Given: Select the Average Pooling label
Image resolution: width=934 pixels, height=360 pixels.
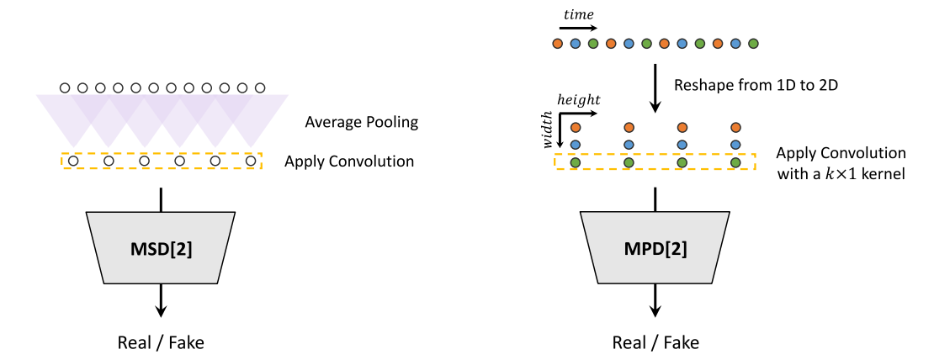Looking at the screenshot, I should pyautogui.click(x=362, y=123).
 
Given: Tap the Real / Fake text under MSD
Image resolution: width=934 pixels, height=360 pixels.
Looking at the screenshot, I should pyautogui.click(x=161, y=342).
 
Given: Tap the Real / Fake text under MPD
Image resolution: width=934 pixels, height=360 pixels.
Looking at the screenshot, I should pyautogui.click(x=655, y=342).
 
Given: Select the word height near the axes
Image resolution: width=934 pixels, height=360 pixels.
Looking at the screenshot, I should pyautogui.click(x=579, y=99).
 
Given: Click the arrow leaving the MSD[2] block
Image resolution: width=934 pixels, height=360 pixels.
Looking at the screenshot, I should pyautogui.click(x=161, y=300).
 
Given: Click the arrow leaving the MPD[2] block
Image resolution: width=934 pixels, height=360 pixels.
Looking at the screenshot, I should pyautogui.click(x=655, y=300).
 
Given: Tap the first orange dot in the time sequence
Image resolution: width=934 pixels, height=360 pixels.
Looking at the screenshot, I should pyautogui.click(x=557, y=43).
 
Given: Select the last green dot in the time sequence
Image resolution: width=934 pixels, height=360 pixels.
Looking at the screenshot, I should pyautogui.click(x=753, y=43).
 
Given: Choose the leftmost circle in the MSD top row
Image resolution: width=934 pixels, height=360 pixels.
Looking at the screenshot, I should pyautogui.click(x=64, y=87).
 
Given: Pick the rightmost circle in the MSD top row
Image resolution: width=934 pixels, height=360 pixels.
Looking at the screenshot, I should pyautogui.click(x=260, y=87).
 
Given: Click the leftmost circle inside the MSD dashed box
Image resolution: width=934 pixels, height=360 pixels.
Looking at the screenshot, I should pyautogui.click(x=73, y=161).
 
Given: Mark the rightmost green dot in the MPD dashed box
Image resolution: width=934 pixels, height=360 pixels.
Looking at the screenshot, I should pyautogui.click(x=735, y=161).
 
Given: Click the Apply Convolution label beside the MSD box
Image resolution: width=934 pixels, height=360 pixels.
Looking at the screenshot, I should pyautogui.click(x=349, y=161).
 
